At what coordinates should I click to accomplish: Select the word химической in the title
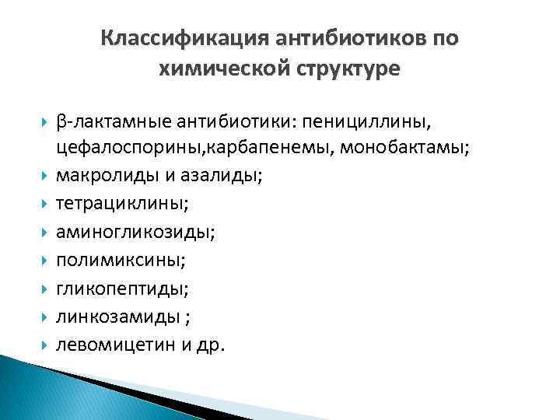[x=212, y=69]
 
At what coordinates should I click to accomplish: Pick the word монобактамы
[x=404, y=149]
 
